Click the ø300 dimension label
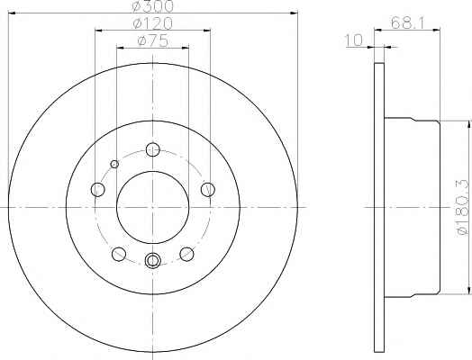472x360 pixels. pyautogui.click(x=153, y=6)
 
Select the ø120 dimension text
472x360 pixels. pyautogui.click(x=153, y=23)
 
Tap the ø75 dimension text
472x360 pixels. pyautogui.click(x=153, y=40)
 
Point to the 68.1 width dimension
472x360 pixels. pyautogui.click(x=407, y=22)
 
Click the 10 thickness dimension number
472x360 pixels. pyautogui.click(x=354, y=40)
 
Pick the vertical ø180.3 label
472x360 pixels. pyautogui.click(x=463, y=207)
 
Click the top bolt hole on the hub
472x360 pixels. pyautogui.click(x=153, y=149)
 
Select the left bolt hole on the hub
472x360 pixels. pyautogui.click(x=97, y=190)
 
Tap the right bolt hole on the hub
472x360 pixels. pyautogui.click(x=208, y=190)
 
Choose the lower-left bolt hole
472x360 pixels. pyautogui.click(x=119, y=254)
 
